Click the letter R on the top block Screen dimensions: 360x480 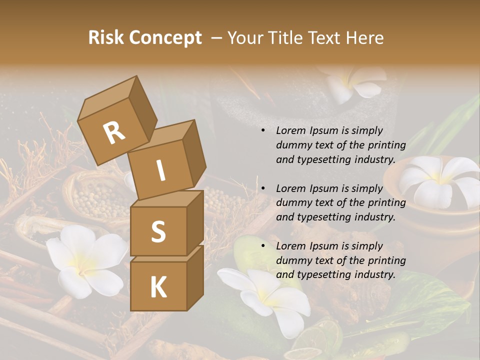(114, 132)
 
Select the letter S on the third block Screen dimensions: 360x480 (158, 231)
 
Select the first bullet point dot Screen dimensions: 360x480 (263, 131)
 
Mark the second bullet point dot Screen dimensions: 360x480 (263, 189)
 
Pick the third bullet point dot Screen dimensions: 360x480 (263, 246)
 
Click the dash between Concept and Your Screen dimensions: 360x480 (217, 37)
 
